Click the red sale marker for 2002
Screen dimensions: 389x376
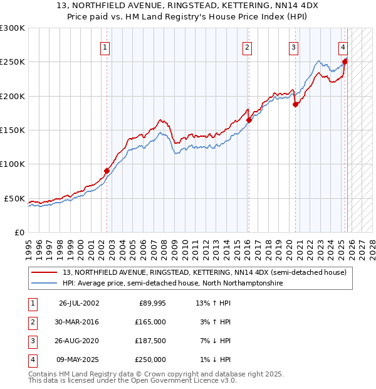pos(107,171)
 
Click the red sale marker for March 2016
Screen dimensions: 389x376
pos(249,120)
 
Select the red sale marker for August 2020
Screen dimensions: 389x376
pos(295,105)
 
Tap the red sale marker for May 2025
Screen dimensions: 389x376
pos(345,61)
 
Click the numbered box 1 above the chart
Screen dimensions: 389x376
pos(105,47)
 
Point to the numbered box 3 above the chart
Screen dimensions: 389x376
pos(293,47)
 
